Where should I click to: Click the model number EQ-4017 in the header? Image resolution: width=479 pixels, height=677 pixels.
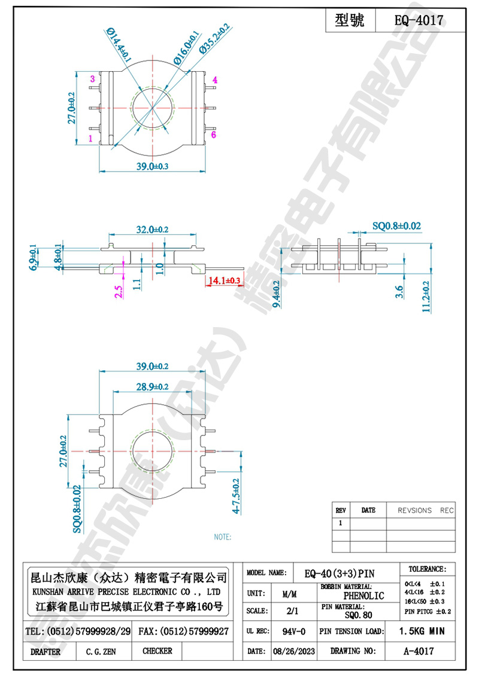419,20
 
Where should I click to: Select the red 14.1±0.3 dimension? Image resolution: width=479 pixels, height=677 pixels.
225,280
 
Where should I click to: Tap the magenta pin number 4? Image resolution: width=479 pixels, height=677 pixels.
214,80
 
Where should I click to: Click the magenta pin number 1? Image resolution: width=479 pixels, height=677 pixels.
90,138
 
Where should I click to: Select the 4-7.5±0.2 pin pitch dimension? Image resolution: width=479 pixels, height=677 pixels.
237,496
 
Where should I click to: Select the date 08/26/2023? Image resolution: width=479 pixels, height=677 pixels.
293,651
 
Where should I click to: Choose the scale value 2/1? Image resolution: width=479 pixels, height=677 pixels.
293,612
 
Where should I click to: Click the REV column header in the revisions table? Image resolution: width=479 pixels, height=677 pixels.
341,510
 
